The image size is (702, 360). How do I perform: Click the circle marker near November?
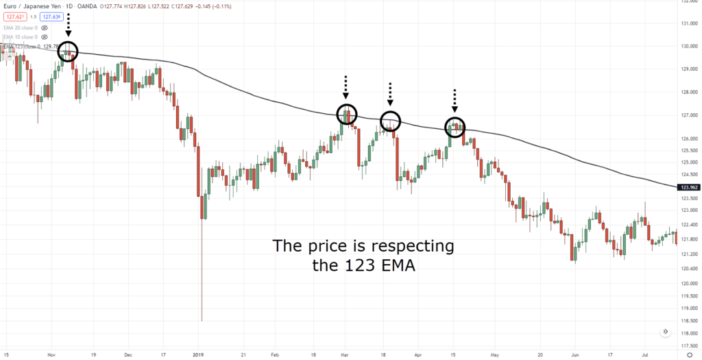pos(67,51)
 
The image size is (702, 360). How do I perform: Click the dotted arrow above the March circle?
pos(346,88)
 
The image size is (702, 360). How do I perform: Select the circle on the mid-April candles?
pos(455,127)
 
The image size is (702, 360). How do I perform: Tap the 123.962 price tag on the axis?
pos(688,187)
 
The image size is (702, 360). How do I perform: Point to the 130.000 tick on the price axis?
pos(688,46)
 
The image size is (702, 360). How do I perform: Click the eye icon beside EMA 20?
pos(45,27)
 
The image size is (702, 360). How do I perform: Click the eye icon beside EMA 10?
pos(45,37)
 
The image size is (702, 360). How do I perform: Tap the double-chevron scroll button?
pos(665,332)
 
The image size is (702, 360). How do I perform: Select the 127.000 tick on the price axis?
pos(688,115)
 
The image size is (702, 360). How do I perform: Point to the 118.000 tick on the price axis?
pos(688,332)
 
